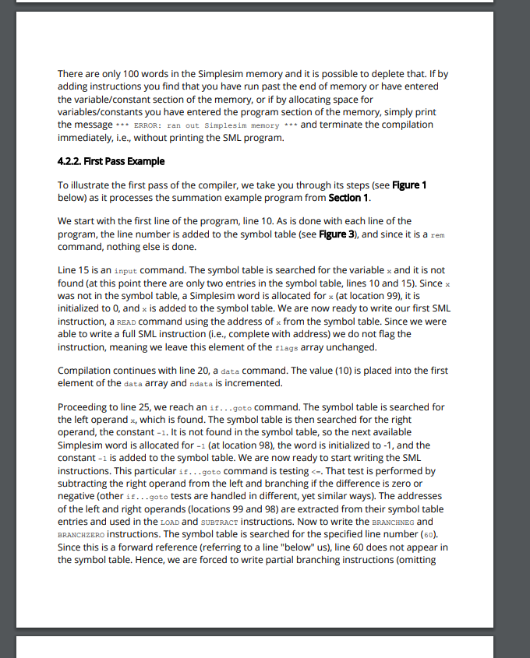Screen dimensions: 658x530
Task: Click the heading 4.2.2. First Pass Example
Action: tap(111, 161)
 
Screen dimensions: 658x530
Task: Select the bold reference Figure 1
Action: tap(408, 185)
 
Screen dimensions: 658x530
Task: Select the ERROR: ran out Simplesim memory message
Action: tap(207, 125)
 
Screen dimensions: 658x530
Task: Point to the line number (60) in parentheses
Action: tap(426, 533)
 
